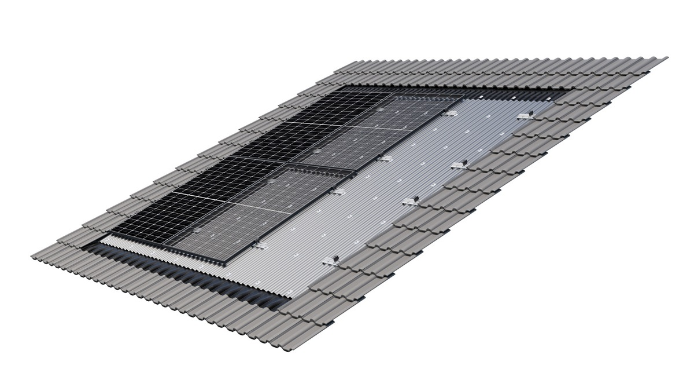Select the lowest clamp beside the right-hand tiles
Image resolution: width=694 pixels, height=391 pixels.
(331, 260)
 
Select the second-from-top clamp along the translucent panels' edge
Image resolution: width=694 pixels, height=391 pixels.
(384, 158)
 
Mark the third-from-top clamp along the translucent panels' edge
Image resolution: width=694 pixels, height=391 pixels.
(337, 191)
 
